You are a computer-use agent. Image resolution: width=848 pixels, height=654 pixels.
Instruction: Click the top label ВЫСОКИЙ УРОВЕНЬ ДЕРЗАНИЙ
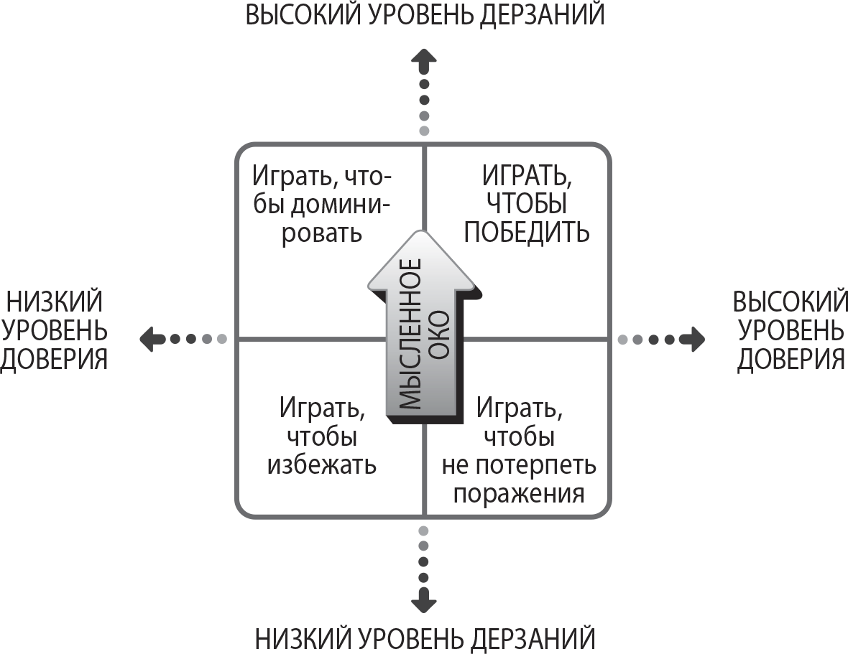click(425, 14)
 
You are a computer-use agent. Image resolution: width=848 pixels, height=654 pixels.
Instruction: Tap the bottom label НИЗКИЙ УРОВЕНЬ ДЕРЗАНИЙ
click(425, 639)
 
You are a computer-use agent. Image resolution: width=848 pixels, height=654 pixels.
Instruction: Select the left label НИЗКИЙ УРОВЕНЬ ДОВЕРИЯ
click(54, 330)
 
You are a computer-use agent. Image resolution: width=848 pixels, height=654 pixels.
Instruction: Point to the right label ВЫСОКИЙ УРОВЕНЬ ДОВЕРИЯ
click(790, 330)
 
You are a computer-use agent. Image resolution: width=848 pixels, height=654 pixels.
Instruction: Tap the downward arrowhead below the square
click(424, 602)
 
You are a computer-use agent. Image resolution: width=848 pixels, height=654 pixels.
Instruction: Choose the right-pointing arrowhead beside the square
click(694, 339)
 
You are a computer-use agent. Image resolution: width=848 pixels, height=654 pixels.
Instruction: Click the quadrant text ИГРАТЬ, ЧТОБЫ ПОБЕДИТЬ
click(526, 204)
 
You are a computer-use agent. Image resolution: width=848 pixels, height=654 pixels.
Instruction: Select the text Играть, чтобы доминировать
click(322, 204)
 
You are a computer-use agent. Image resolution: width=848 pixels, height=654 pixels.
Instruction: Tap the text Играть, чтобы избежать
click(322, 436)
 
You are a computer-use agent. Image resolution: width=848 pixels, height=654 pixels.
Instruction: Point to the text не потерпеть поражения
click(519, 480)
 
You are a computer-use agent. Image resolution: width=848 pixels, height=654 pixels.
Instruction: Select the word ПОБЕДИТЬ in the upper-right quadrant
click(526, 232)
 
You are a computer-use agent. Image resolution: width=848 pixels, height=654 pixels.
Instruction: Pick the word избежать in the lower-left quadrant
click(322, 464)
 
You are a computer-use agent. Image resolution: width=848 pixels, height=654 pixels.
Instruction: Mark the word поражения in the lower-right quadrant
click(519, 494)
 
